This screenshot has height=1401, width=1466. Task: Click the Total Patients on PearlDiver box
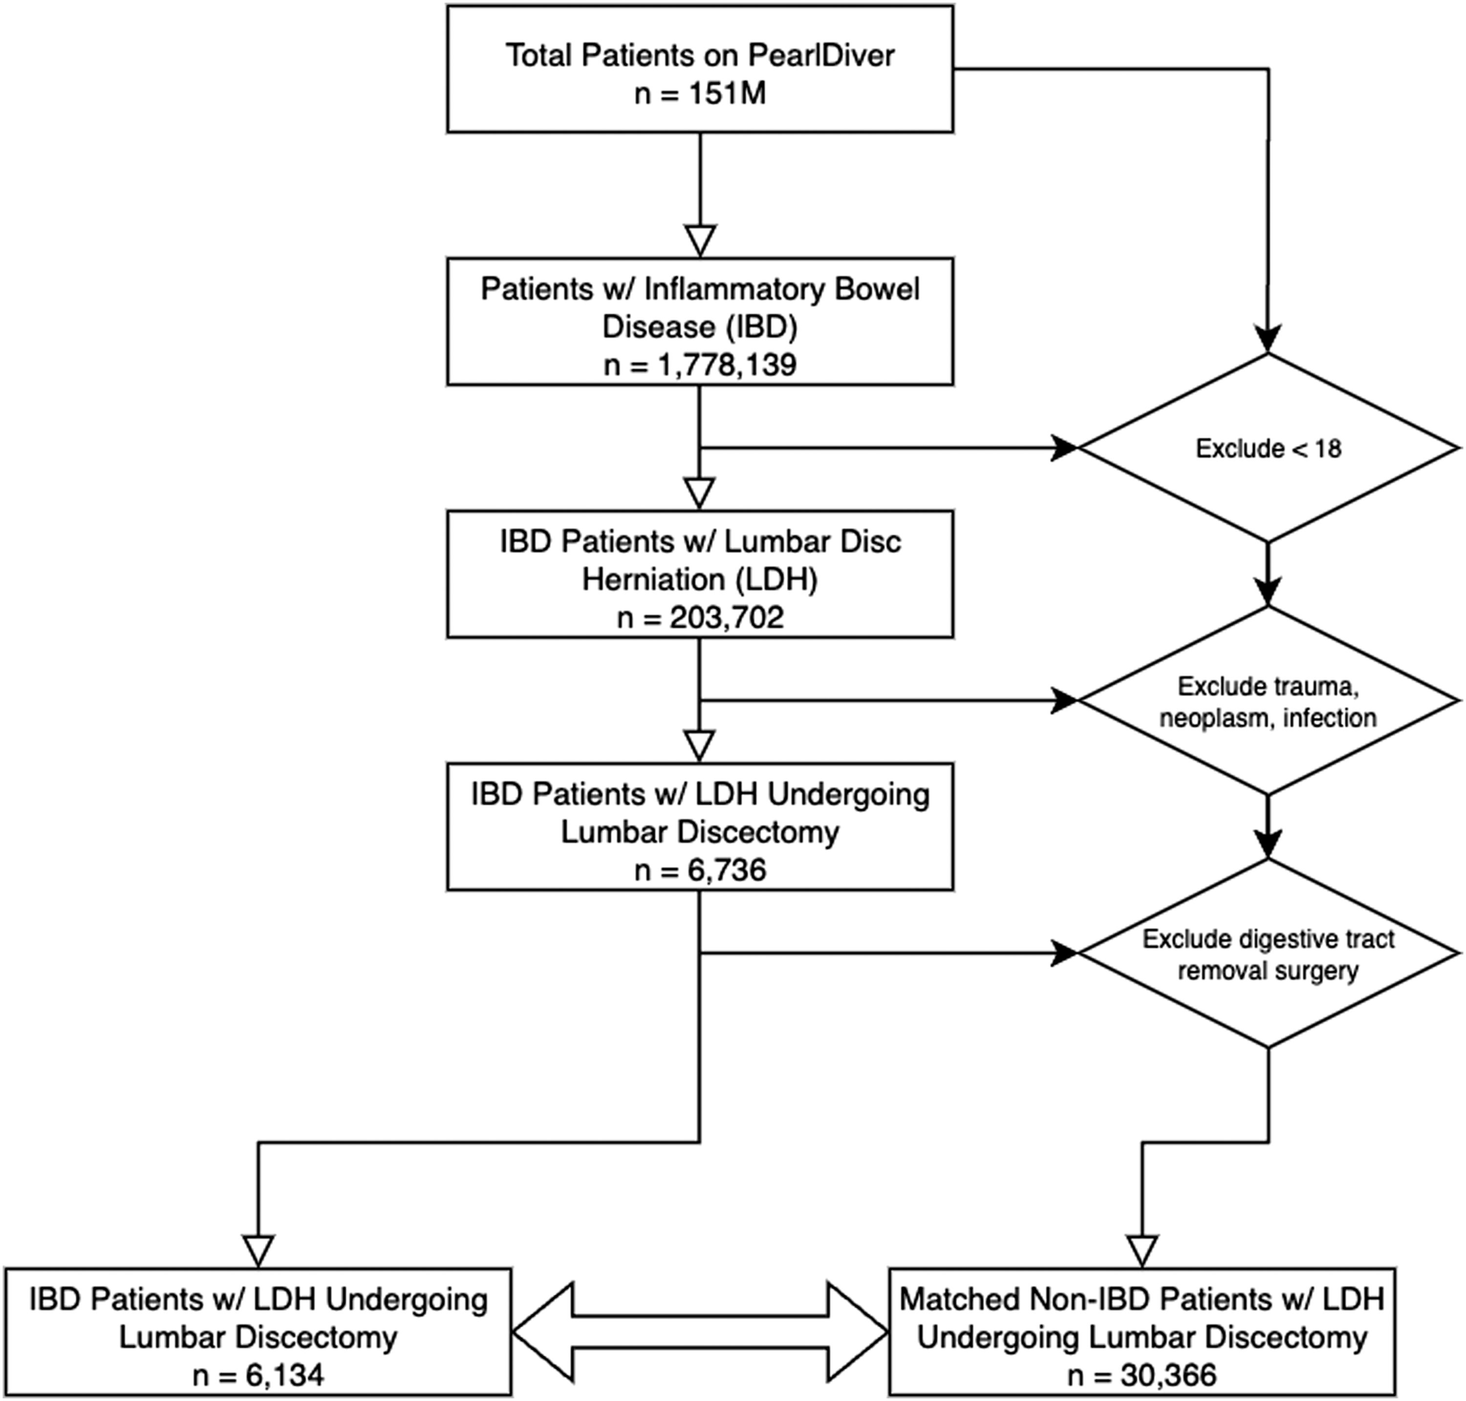[700, 69]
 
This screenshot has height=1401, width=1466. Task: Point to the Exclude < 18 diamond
[1268, 448]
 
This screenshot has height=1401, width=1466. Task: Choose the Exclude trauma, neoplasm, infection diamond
[1268, 700]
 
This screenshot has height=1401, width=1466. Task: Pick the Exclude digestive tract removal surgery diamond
[1268, 953]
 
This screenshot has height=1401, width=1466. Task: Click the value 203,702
[727, 617]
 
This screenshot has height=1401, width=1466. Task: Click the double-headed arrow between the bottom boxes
[700, 1332]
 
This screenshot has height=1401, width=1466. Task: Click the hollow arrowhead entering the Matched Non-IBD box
[1142, 1251]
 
